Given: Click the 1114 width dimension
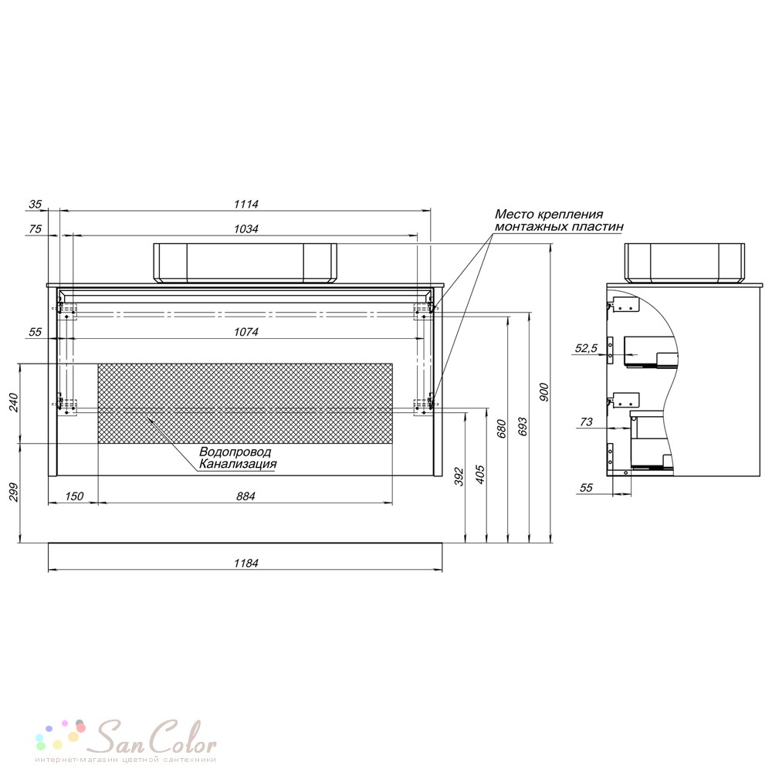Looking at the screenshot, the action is [245, 204].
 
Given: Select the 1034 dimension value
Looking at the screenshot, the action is [245, 229].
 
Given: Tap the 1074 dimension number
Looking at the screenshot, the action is [245, 332].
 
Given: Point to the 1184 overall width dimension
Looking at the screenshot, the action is [245, 563].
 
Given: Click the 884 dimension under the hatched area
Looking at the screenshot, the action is [245, 496].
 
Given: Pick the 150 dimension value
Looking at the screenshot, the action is [74, 496].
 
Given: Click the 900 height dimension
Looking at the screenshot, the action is [543, 392].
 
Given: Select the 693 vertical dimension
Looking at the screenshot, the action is [523, 427].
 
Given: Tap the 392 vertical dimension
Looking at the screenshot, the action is [459, 476].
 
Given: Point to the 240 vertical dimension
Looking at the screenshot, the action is [13, 403].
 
